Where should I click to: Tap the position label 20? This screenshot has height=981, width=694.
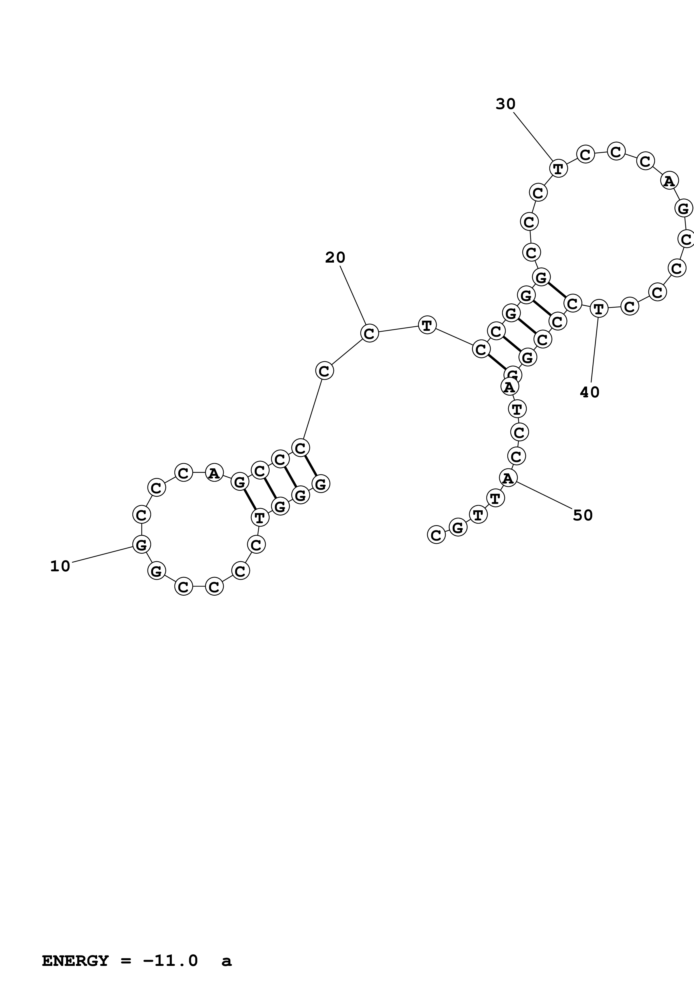click(335, 258)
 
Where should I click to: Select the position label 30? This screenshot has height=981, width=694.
click(505, 104)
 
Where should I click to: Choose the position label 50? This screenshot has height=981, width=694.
click(582, 516)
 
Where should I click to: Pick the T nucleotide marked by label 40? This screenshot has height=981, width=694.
click(599, 308)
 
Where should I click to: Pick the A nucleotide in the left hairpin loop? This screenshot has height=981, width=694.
click(214, 473)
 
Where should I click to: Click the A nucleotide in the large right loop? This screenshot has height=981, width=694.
click(669, 181)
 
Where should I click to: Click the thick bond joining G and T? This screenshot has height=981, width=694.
click(249, 500)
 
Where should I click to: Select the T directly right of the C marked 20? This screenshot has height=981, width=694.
click(427, 325)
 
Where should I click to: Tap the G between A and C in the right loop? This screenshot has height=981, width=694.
click(683, 209)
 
